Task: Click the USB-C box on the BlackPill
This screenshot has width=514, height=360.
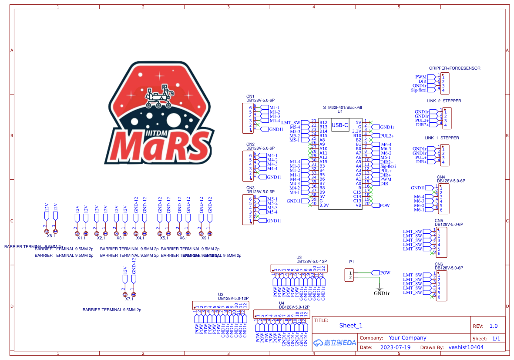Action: (x=340, y=125)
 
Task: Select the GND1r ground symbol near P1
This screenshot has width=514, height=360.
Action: (x=379, y=289)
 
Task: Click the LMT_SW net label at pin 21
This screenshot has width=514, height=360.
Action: (x=291, y=122)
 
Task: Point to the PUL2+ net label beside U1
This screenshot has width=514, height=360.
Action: (x=387, y=136)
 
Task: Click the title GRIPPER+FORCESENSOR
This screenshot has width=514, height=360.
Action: (x=454, y=68)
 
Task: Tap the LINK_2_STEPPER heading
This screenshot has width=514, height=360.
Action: (x=443, y=101)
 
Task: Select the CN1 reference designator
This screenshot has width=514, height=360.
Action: (x=250, y=96)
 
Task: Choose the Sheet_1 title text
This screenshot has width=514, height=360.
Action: (x=351, y=325)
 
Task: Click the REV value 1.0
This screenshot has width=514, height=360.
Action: (x=493, y=326)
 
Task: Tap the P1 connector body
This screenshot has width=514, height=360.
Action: (x=349, y=275)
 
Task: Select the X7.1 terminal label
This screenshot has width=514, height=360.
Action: (x=129, y=299)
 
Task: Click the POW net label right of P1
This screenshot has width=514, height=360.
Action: (x=385, y=273)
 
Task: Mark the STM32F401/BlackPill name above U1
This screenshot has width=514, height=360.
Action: (x=342, y=107)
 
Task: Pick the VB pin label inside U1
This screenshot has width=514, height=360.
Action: (x=359, y=205)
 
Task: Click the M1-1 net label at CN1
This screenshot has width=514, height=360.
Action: (x=274, y=108)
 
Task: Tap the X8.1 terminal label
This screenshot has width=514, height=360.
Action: (x=51, y=236)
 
